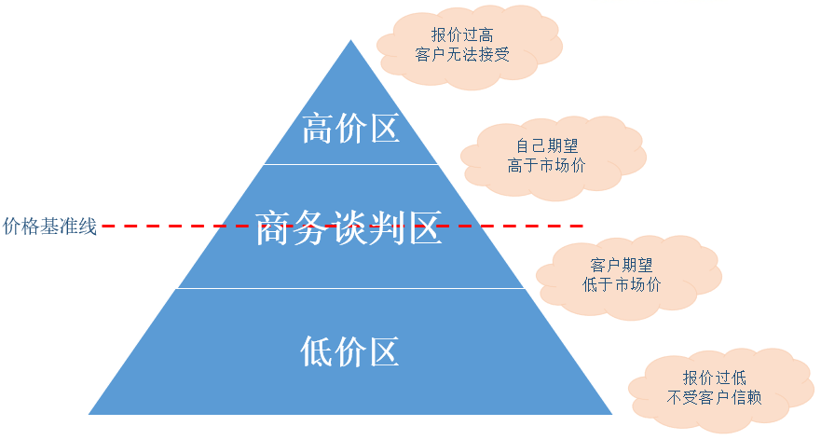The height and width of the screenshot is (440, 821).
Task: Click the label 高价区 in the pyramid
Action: [x=350, y=130]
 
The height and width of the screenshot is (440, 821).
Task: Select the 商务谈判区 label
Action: [x=349, y=227]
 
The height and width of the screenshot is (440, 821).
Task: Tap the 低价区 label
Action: [x=349, y=351]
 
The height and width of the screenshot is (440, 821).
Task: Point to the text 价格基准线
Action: [x=50, y=227]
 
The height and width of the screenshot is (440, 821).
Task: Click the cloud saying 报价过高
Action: [x=469, y=47]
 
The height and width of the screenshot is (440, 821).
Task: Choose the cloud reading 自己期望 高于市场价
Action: [x=553, y=156]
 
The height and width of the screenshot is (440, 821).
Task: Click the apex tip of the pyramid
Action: [x=350, y=41]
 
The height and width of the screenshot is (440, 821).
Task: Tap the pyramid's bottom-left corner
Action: [x=90, y=413]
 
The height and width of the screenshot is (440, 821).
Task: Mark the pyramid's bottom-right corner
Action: [x=610, y=413]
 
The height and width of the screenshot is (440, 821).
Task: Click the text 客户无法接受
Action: [x=462, y=55]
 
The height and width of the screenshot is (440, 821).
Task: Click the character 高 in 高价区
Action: [x=318, y=130]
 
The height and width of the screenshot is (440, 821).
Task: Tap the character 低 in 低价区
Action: [x=317, y=351]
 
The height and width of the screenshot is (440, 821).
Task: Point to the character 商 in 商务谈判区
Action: [x=272, y=227]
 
